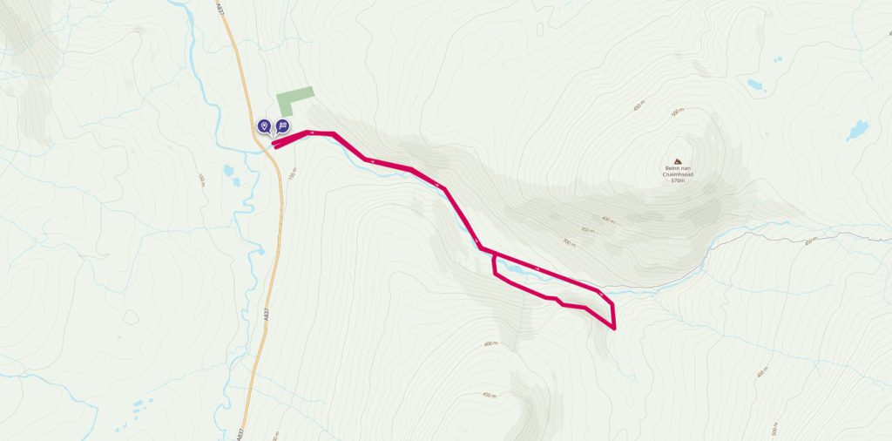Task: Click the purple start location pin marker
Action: click(x=264, y=126)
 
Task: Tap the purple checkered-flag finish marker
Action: click(x=282, y=126)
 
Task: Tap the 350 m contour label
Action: click(x=585, y=231)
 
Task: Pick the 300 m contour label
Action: click(x=570, y=244)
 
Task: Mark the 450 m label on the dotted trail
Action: click(x=809, y=241)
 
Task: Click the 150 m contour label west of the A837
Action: click(x=201, y=180)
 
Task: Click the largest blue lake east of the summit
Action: click(x=856, y=131)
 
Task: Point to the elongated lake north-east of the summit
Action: click(x=754, y=85)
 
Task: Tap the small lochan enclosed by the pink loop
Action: click(x=514, y=269)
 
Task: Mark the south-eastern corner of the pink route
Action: click(x=615, y=329)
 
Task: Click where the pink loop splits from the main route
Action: click(x=494, y=254)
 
